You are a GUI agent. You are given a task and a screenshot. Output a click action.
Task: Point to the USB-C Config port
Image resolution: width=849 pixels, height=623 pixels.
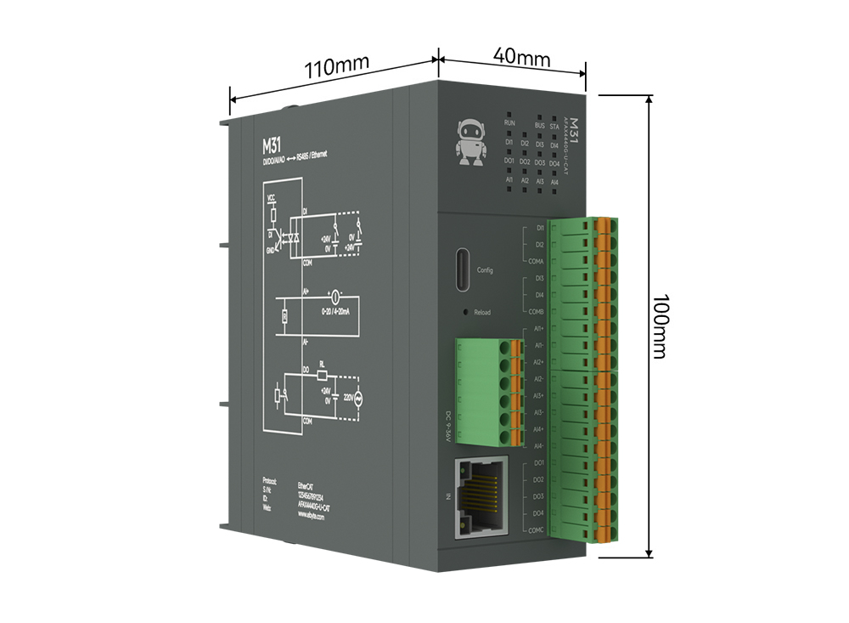point(459,270)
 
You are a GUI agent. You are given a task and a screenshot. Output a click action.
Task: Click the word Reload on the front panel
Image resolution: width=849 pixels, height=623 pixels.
point(482,313)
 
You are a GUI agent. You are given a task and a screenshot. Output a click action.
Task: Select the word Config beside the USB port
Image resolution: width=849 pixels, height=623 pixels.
point(485,269)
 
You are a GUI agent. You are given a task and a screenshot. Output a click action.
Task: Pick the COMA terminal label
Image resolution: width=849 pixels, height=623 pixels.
point(535,261)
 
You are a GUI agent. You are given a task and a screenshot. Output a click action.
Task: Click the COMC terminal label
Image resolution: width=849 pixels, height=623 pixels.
point(535,530)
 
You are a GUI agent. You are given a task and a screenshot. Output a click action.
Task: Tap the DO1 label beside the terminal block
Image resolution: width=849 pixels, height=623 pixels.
point(537,464)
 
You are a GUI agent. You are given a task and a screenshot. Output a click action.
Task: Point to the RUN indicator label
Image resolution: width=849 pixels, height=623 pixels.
point(509,123)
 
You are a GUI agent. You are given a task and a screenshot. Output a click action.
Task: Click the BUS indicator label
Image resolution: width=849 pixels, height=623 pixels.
point(539,125)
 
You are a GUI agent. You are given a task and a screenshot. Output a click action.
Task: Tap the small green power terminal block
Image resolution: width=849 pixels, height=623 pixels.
point(488,391)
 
